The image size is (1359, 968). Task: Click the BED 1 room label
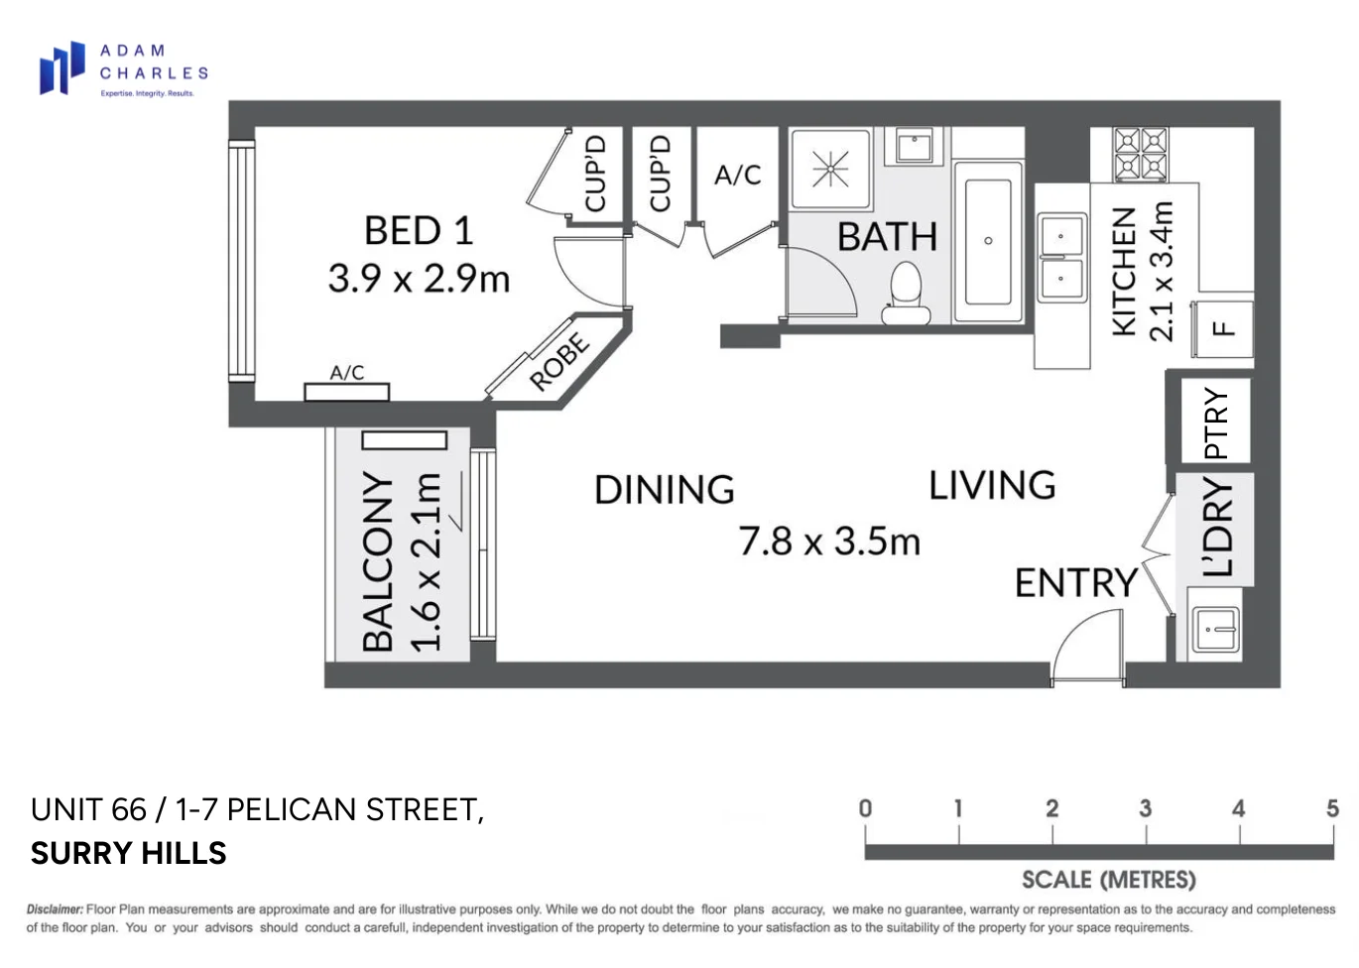(419, 231)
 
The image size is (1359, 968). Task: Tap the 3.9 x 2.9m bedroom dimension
(419, 279)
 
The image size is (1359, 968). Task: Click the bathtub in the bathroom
(988, 242)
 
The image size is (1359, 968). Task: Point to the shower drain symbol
(830, 170)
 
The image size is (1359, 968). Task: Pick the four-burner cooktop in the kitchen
(1141, 154)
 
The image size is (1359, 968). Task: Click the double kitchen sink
(1060, 258)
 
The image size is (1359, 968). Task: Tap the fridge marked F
(1225, 328)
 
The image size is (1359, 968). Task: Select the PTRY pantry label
(1216, 422)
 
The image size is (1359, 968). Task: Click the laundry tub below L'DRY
(1214, 628)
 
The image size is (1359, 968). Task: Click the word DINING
(664, 490)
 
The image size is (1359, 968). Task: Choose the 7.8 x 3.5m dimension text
(829, 542)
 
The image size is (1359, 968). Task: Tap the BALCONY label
(379, 560)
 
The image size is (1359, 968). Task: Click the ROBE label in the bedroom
(559, 362)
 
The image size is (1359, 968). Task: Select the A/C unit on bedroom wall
(346, 391)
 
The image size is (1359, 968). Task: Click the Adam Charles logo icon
(62, 68)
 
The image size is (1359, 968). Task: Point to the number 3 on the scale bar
(1145, 809)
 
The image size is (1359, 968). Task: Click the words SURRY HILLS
(129, 853)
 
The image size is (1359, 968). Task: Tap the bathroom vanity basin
(914, 147)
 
